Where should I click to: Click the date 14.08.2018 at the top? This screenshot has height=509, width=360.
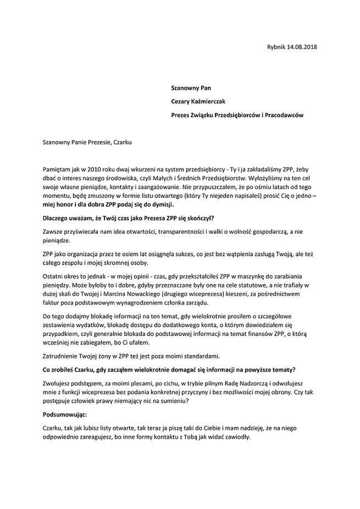coord(301,47)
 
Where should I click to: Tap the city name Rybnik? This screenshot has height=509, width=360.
coord(274,47)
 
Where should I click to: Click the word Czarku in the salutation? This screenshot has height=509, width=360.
coord(121,141)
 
